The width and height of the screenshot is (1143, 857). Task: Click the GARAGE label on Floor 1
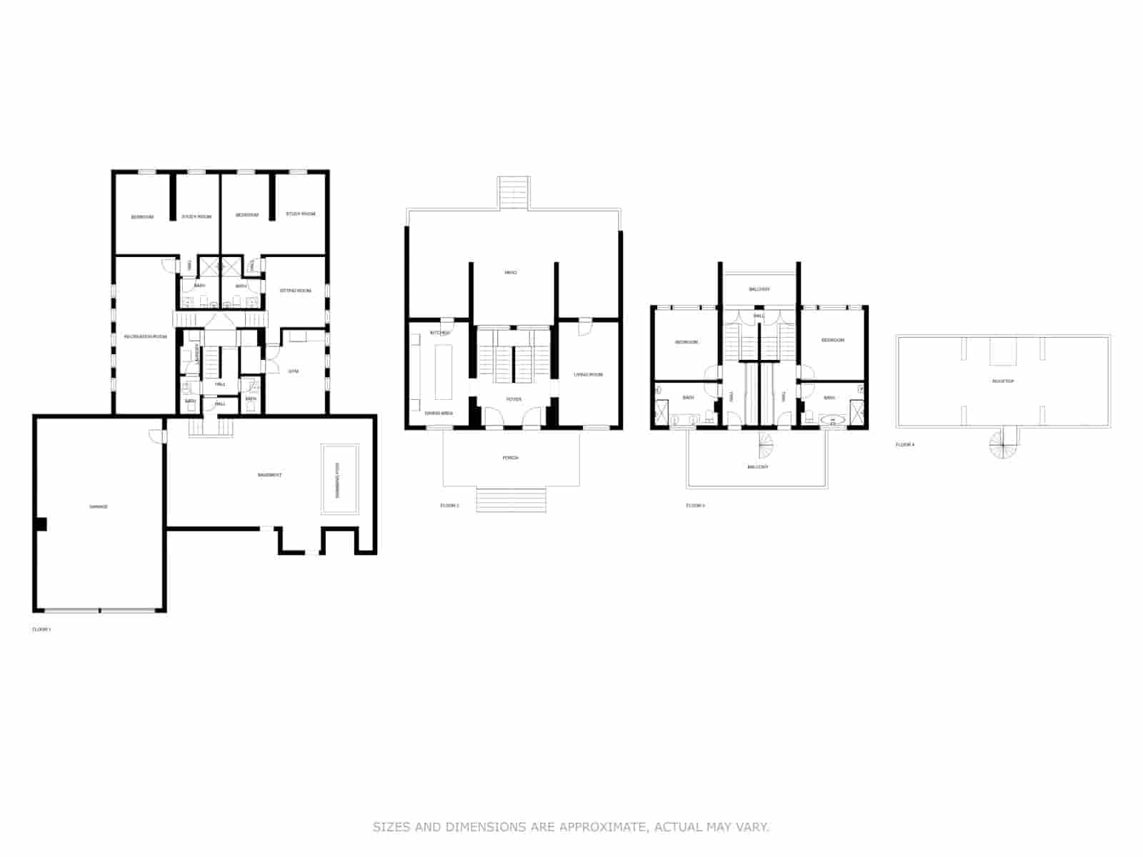(x=98, y=506)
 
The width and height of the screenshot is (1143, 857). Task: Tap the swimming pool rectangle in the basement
(x=340, y=479)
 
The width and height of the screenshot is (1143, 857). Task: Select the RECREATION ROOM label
(x=145, y=336)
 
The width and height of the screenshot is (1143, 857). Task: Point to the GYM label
(x=293, y=371)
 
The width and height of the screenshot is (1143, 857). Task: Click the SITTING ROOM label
(x=295, y=291)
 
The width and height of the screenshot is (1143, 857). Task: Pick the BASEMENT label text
(x=270, y=475)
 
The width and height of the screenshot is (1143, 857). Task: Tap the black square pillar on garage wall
(x=41, y=524)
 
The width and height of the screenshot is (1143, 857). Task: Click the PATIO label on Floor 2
(x=510, y=273)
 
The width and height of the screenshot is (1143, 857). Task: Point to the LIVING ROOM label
(x=589, y=374)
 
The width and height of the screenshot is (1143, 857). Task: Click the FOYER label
(x=514, y=399)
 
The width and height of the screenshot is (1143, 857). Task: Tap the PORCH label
(x=510, y=458)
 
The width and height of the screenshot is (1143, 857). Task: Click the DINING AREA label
(x=439, y=414)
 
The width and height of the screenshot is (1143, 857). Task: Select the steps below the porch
(x=511, y=499)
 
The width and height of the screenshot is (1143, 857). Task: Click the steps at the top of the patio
(x=514, y=193)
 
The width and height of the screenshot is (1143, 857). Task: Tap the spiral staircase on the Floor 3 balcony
(x=766, y=446)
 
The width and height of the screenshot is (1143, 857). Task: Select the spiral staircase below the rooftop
(x=1003, y=443)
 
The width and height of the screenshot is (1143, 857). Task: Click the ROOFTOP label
(x=1003, y=381)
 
